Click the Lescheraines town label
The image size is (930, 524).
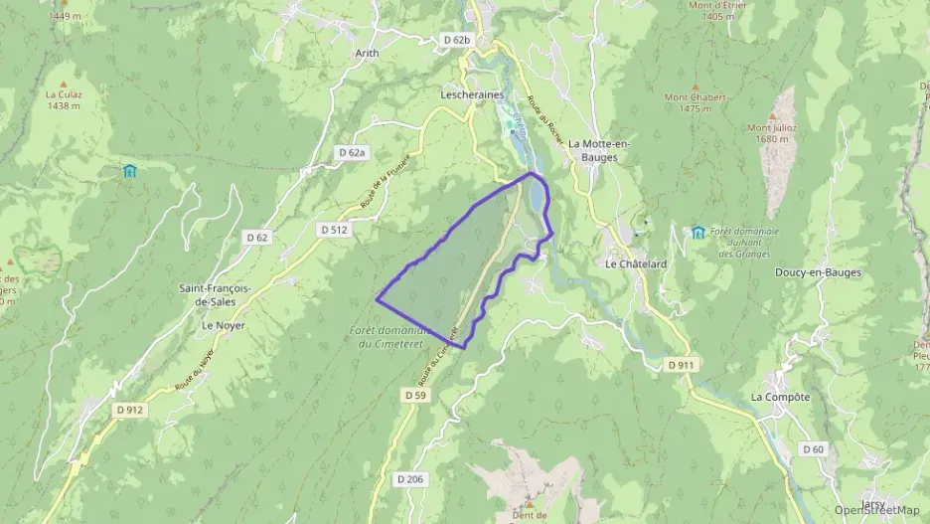[x=472, y=94]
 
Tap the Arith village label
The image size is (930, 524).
[x=367, y=53]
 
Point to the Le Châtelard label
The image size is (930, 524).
[x=633, y=263]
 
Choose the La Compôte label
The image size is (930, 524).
[x=780, y=397]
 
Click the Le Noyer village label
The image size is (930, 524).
[x=223, y=325]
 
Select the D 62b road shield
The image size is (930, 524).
[x=455, y=40]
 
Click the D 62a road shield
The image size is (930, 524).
[x=352, y=153]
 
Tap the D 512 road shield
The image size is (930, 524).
[x=334, y=229]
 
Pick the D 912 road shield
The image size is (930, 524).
[x=129, y=409]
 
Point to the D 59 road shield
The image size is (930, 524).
[x=415, y=395]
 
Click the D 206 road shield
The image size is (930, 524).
[x=409, y=479]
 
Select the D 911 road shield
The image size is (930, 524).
[x=681, y=366]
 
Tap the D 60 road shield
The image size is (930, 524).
[x=812, y=449]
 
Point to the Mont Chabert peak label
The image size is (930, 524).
[x=696, y=102]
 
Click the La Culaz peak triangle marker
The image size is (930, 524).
[x=64, y=84]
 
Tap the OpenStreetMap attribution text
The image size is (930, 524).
[x=877, y=510]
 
